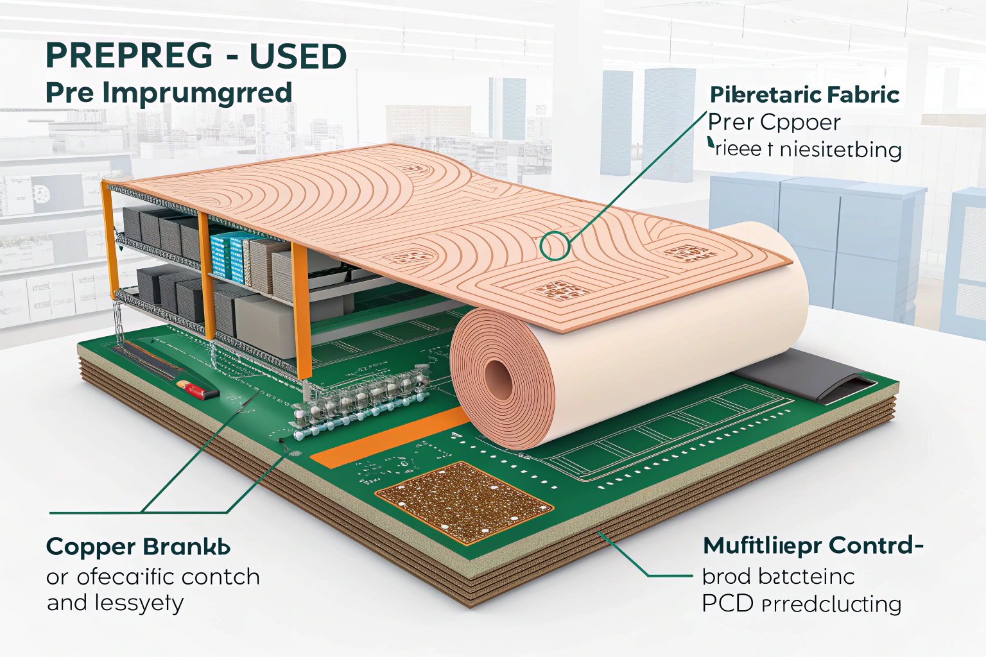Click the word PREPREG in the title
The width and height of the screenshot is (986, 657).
(x=129, y=56)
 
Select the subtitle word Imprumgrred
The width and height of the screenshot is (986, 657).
(x=197, y=94)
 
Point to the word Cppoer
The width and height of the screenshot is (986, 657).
(x=802, y=123)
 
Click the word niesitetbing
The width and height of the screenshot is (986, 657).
(x=840, y=150)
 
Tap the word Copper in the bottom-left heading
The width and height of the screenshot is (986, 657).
(x=89, y=547)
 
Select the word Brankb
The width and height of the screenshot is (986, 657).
(x=187, y=547)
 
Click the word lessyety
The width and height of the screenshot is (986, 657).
(x=139, y=604)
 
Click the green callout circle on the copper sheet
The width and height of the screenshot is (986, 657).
(x=555, y=246)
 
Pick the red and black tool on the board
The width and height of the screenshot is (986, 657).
(x=195, y=389)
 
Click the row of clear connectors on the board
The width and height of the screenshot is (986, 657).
(x=359, y=398)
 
